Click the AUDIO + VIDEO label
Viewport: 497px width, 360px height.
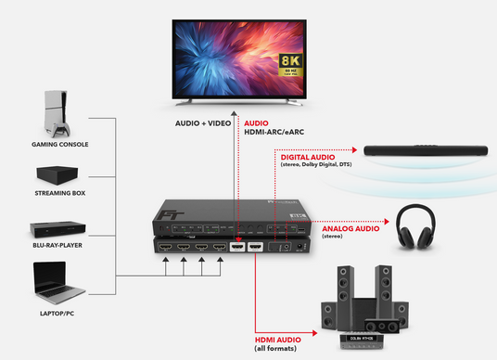(204, 123)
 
